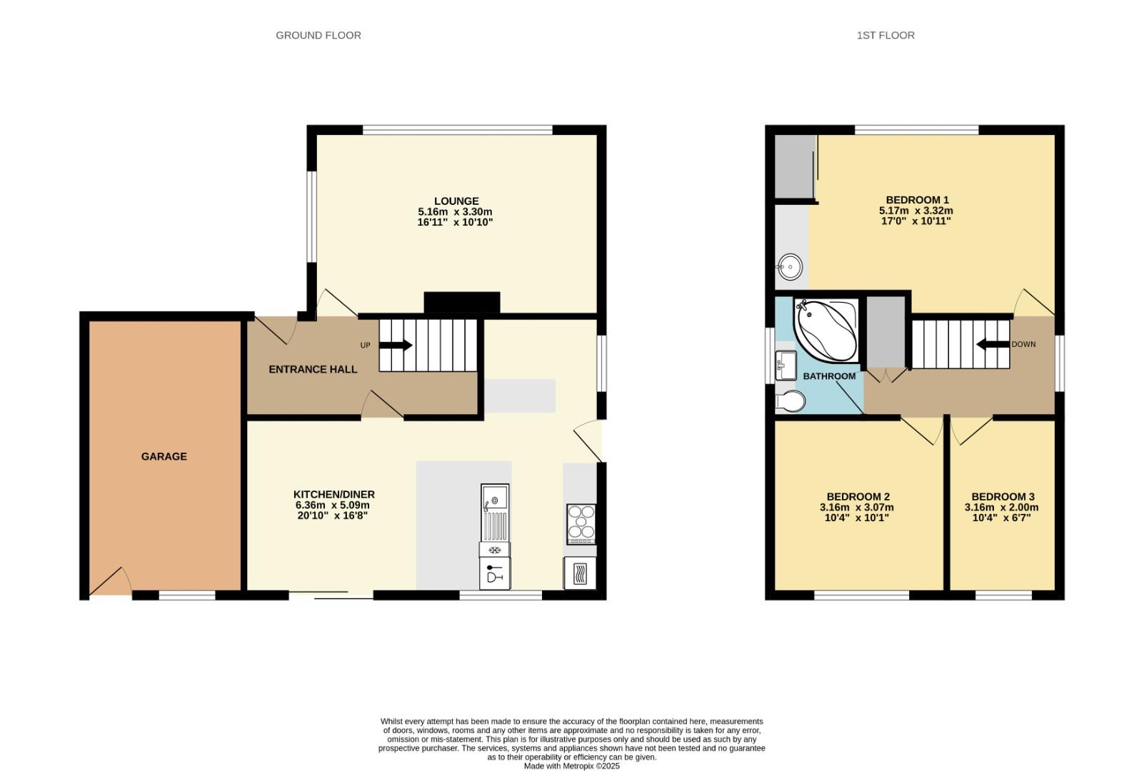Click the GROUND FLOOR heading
[x=318, y=35]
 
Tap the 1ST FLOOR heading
[x=885, y=35]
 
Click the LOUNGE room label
[x=456, y=201]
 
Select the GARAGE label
[x=164, y=456]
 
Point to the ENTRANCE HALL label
[x=313, y=369]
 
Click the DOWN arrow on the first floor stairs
[x=993, y=344]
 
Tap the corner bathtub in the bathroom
[x=826, y=329]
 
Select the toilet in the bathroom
[x=790, y=402]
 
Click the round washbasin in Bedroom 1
[x=789, y=267]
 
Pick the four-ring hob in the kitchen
[x=581, y=523]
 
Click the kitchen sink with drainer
[x=494, y=512]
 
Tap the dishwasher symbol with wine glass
[x=494, y=574]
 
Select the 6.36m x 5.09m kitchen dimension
[x=333, y=505]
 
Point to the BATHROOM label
[x=828, y=376]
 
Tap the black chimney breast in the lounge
[x=461, y=302]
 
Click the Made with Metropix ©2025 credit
[x=571, y=766]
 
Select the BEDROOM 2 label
[x=858, y=496]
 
